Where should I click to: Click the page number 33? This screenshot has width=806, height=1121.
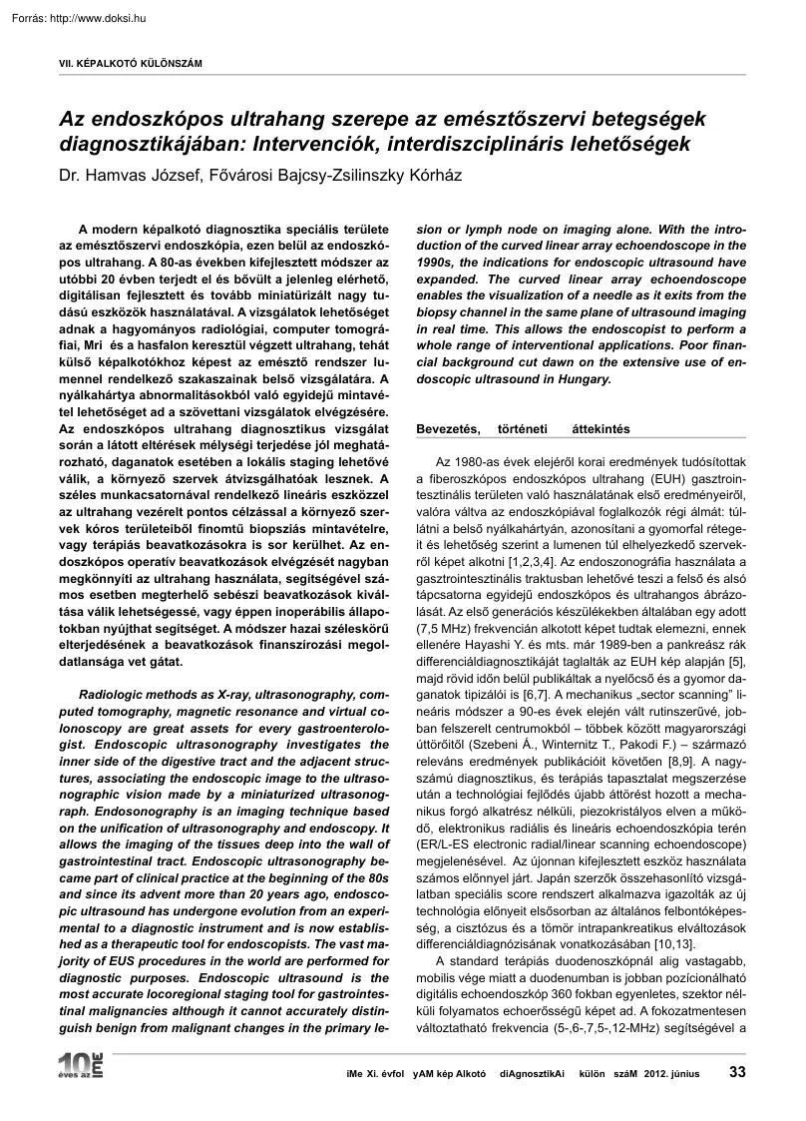(x=737, y=1072)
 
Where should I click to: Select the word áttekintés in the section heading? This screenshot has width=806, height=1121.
(x=602, y=429)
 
